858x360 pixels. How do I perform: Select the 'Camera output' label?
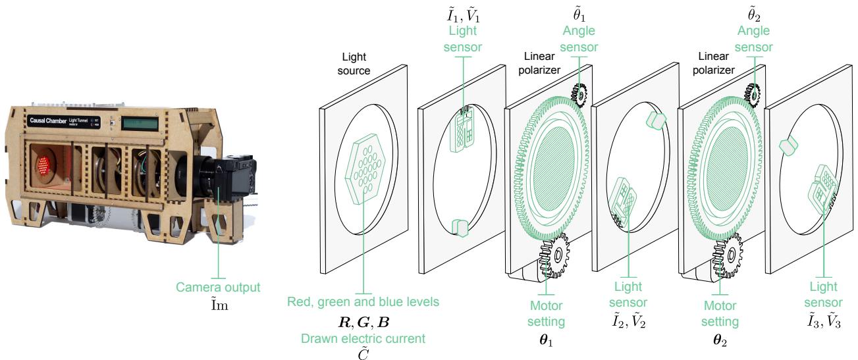click(218, 288)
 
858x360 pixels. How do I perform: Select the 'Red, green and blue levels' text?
click(363, 302)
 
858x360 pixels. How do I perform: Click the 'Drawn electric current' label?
click(363, 338)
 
